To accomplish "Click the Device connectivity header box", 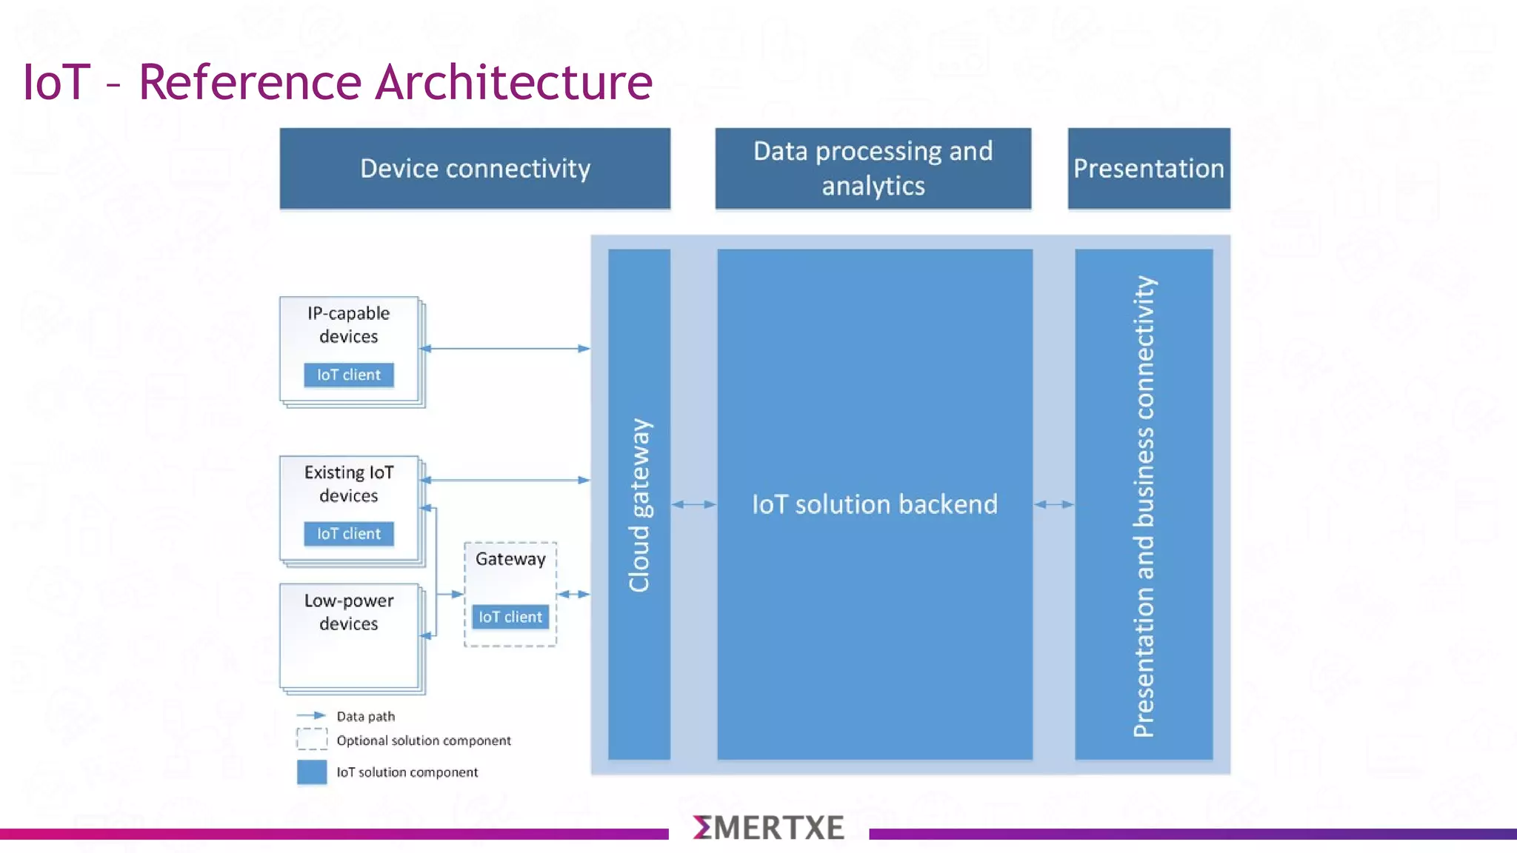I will click(x=475, y=169).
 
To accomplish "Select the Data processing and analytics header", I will click(x=873, y=169).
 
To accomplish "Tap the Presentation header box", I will click(x=1148, y=169).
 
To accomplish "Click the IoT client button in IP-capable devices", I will click(x=348, y=375).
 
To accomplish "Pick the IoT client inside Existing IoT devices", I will click(x=348, y=534).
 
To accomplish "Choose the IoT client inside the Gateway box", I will click(x=510, y=617).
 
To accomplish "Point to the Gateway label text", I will click(x=510, y=559).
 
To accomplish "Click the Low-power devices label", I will click(x=348, y=612).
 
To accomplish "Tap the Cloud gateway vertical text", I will click(x=639, y=505).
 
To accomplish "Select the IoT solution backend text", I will click(x=874, y=504).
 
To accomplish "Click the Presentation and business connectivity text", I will click(x=1144, y=506).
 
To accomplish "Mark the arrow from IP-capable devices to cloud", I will click(x=505, y=348).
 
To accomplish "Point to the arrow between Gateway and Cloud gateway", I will click(x=573, y=594).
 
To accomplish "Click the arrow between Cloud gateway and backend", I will click(x=694, y=504).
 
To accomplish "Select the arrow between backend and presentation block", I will click(x=1053, y=504).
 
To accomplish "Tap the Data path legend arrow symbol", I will click(x=311, y=715).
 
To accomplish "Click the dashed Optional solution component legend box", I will click(x=312, y=739).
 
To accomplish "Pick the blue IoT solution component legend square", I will click(x=312, y=772).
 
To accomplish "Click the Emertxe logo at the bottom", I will click(x=769, y=828).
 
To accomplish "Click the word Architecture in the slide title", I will click(x=513, y=81).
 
